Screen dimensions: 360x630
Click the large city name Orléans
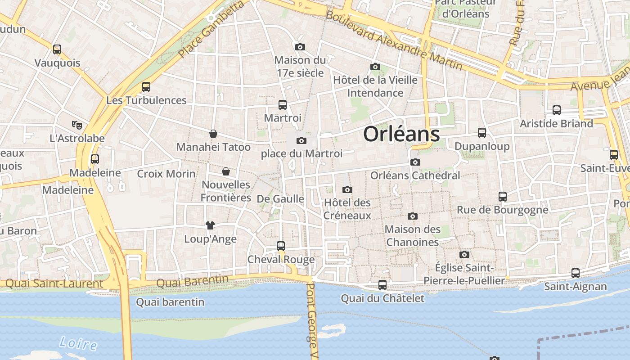(401, 134)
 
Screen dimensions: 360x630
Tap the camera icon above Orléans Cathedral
(415, 162)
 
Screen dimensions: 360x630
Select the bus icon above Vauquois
(57, 49)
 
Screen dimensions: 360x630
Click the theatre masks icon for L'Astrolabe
(77, 125)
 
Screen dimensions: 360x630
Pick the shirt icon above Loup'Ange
(210, 225)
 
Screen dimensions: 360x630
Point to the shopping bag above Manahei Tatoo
(213, 134)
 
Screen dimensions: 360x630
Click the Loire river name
(78, 344)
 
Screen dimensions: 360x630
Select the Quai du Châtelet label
(382, 298)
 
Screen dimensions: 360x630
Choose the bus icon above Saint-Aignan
(575, 273)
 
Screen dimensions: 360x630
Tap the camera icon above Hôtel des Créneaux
(347, 189)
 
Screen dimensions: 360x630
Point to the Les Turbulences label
(146, 100)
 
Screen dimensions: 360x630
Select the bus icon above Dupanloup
(482, 132)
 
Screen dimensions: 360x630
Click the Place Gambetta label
(211, 29)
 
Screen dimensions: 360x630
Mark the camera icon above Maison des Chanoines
(412, 216)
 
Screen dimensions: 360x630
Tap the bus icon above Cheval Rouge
(281, 246)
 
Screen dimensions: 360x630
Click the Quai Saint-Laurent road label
(54, 284)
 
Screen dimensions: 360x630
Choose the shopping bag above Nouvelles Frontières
(226, 171)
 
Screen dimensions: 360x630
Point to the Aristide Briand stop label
(556, 123)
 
